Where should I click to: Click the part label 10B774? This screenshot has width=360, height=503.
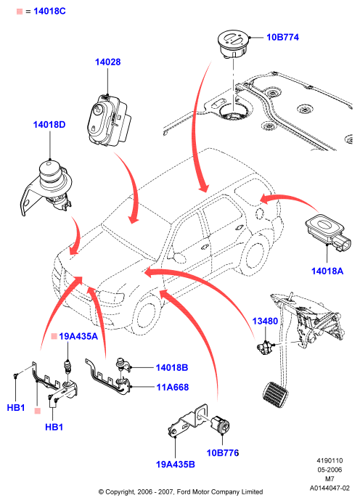282,37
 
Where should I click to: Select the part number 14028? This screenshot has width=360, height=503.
108,62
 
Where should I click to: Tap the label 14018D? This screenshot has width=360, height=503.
49,124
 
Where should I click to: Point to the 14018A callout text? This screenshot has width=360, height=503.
327,271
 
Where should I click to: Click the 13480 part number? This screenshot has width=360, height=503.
265,321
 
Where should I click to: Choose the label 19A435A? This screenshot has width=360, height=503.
78,336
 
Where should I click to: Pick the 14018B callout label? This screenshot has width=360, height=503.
172,367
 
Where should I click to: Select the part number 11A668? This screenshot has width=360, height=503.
172,387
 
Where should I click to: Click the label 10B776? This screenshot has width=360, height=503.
223,453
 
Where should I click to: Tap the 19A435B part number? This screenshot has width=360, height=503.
175,465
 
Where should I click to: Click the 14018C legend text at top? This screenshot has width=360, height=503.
49,11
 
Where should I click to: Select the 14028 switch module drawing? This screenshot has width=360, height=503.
108,120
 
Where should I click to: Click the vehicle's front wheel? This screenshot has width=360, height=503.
147,315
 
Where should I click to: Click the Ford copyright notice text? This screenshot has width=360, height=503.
181,492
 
